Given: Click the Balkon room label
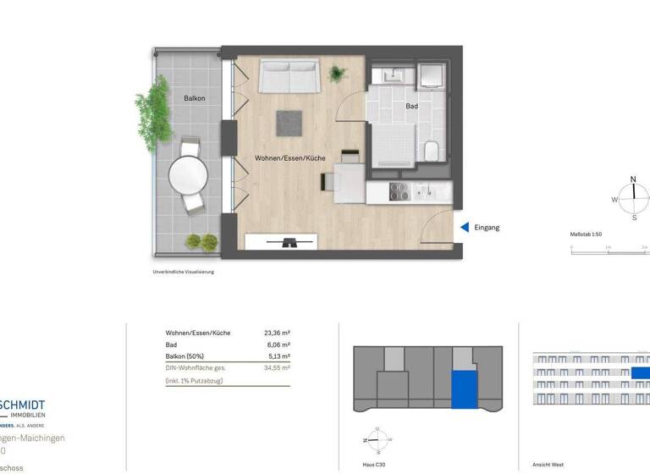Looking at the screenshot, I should pos(195,98).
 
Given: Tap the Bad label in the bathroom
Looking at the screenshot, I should pos(411,107).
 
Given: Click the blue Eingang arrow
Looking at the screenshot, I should pos(464,227).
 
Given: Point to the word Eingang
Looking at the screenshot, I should pos(487,227).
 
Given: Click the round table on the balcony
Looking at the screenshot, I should pos(188,176).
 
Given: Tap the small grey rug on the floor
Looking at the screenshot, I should pos(289,123).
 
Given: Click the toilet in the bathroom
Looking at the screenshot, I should pos(431,151).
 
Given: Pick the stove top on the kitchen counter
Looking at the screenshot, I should pos(399,192).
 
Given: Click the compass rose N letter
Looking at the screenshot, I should pos(632,179).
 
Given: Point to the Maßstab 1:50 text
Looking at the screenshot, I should pos(590,234).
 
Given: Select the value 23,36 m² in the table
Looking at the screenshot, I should pos(277,333).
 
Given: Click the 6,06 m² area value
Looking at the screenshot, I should pos(278,345).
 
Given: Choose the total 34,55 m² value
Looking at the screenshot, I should pos(277,369).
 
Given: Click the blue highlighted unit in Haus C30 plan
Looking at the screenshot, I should pos(464,390).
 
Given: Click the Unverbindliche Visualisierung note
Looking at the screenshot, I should pos(184,273).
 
